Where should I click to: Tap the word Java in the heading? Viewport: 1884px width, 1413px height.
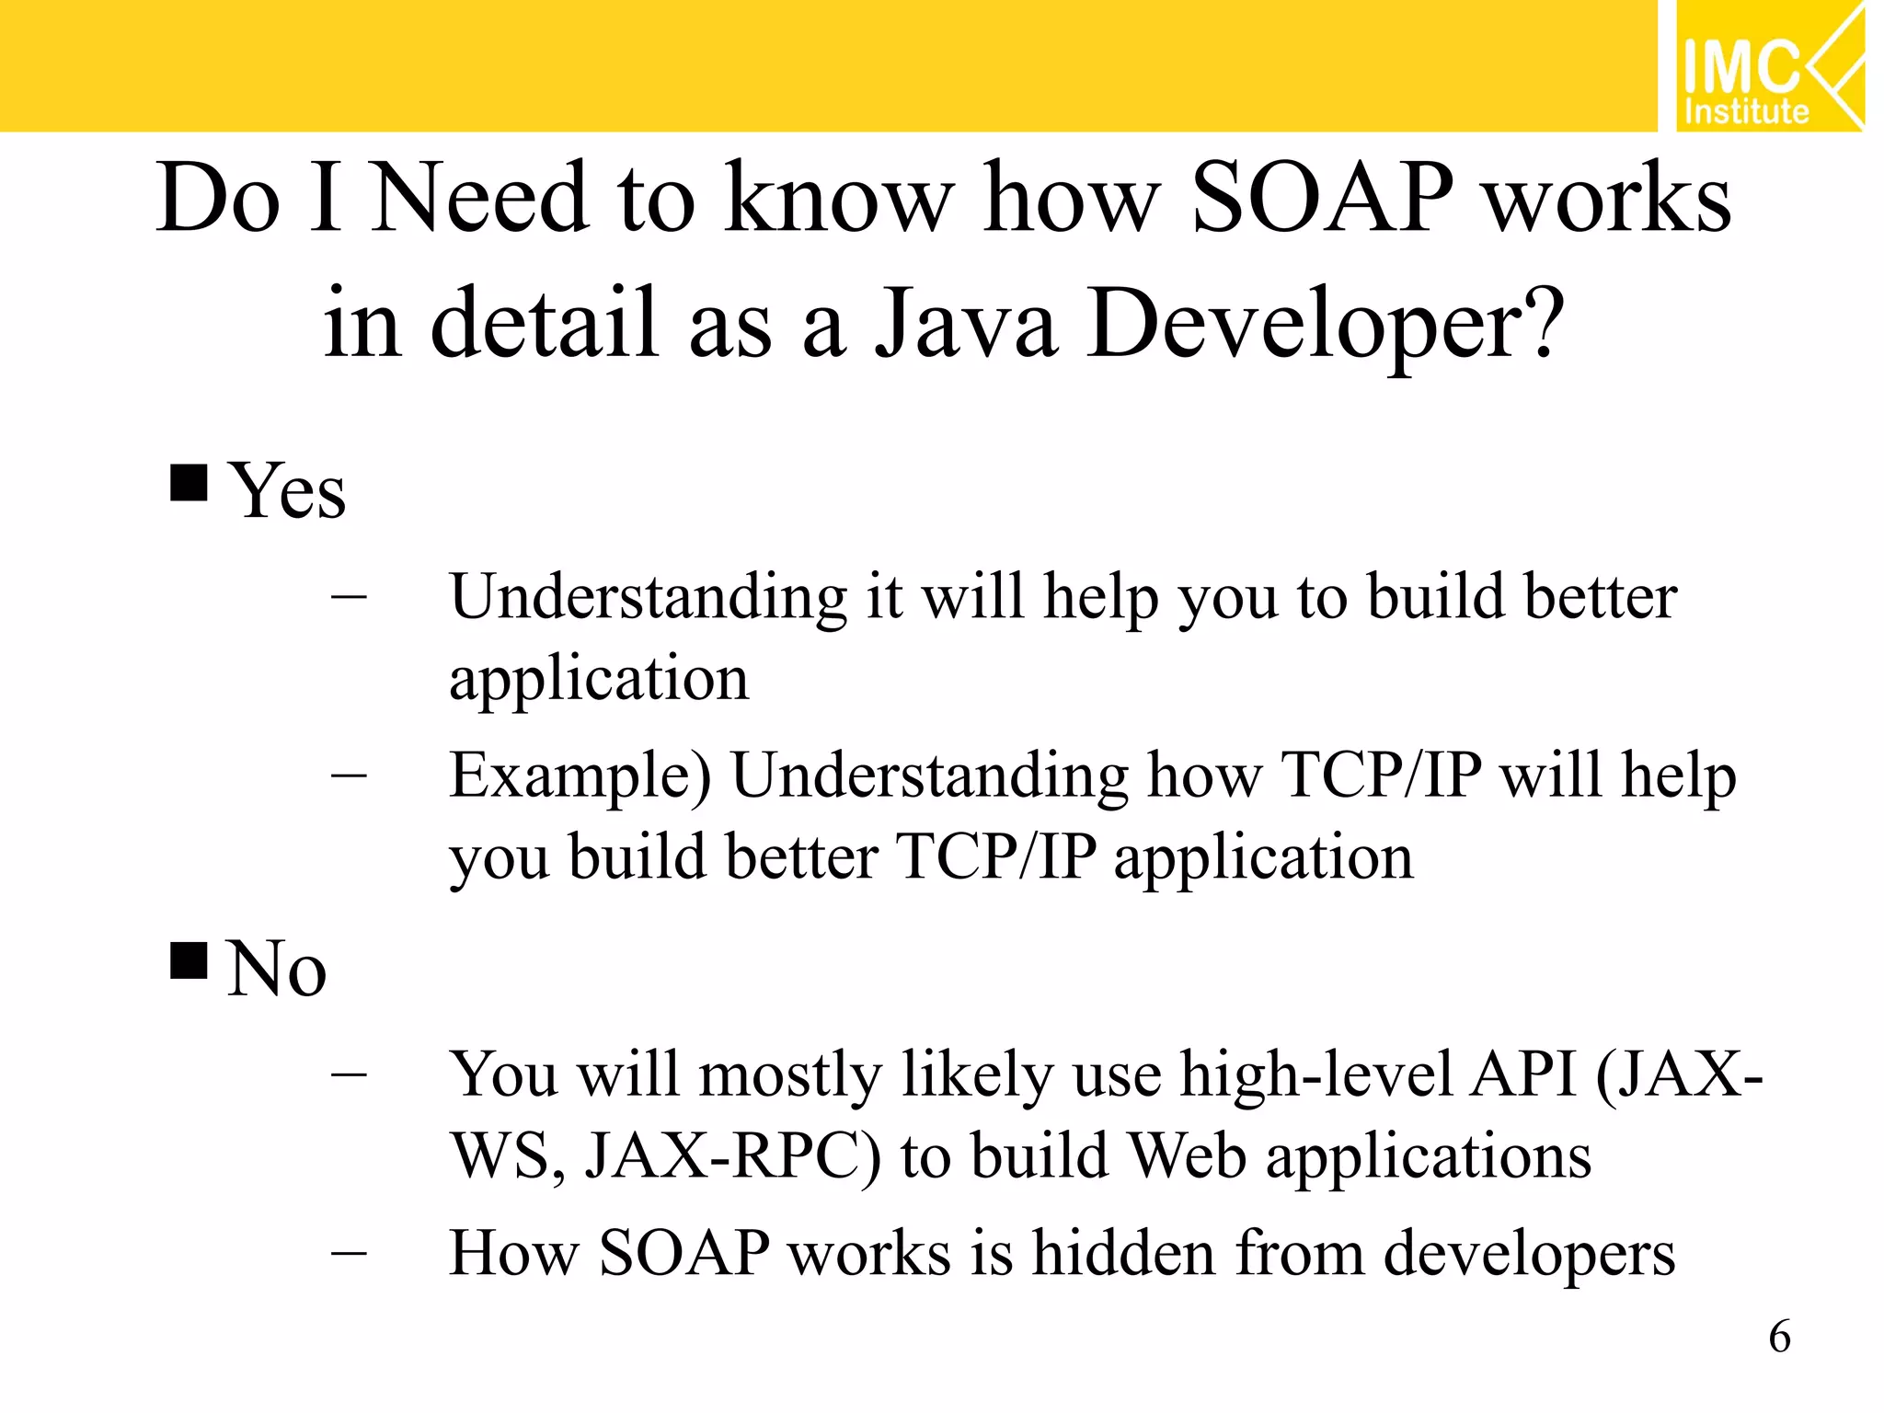965,324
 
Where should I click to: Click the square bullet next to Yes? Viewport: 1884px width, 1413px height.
189,481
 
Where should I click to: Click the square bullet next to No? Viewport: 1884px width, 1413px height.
189,960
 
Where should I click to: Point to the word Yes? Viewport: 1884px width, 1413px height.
287,491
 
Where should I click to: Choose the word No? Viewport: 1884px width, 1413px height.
276,969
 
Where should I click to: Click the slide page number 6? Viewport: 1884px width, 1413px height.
1779,1336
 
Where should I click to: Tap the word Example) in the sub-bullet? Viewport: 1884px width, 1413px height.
580,776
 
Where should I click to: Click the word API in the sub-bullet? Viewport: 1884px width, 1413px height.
1522,1074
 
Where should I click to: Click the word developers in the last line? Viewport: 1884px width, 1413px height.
1529,1254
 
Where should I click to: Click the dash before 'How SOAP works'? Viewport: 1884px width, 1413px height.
349,1253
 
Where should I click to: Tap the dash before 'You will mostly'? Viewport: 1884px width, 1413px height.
349,1074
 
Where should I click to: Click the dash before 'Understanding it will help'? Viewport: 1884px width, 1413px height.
349,597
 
